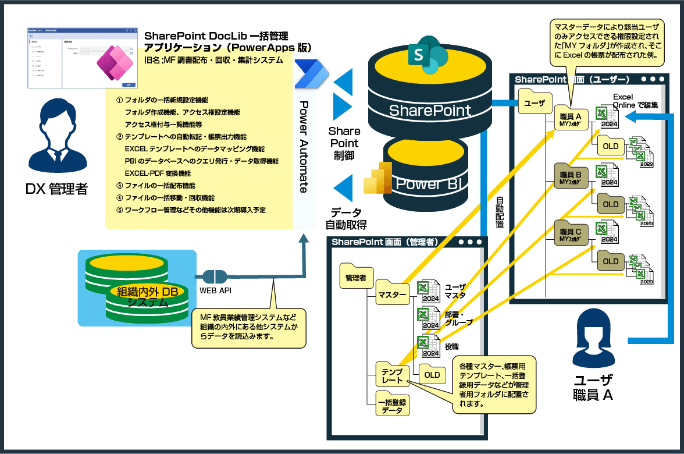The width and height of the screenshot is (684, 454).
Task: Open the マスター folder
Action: tap(392, 293)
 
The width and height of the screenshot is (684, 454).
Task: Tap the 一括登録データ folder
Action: tap(392, 405)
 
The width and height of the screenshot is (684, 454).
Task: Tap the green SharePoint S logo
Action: tap(427, 56)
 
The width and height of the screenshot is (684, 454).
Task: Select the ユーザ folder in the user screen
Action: tap(535, 103)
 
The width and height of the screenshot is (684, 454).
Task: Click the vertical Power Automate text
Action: tap(304, 146)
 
